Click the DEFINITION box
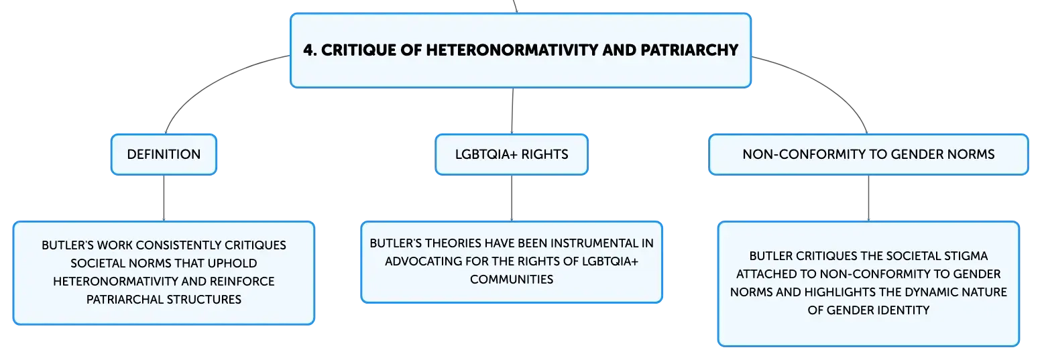pyautogui.click(x=164, y=154)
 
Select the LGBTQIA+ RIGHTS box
pyautogui.click(x=512, y=154)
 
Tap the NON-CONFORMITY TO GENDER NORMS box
pyautogui.click(x=868, y=154)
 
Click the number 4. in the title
pyautogui.click(x=310, y=50)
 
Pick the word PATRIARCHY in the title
pyautogui.click(x=689, y=50)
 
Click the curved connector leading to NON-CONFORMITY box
pyautogui.click(x=824, y=84)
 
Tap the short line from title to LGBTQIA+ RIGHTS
pyautogui.click(x=512, y=111)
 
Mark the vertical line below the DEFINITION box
pyautogui.click(x=164, y=198)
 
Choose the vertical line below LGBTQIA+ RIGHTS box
pyautogui.click(x=512, y=198)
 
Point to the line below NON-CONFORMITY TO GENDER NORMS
pyautogui.click(x=868, y=198)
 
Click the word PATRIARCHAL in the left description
pyautogui.click(x=125, y=300)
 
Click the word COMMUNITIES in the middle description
pyautogui.click(x=512, y=280)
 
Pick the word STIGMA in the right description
pyautogui.click(x=966, y=256)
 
